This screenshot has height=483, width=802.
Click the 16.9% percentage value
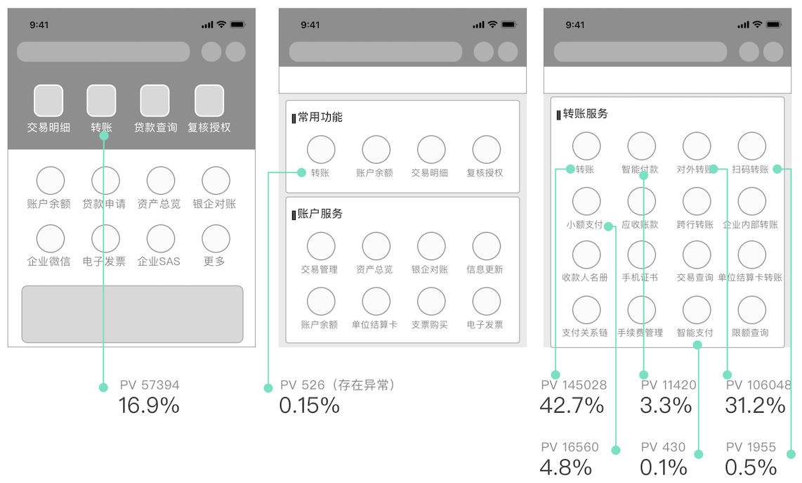(x=149, y=406)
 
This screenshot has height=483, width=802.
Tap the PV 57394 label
(x=150, y=385)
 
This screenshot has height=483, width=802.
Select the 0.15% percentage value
(x=310, y=406)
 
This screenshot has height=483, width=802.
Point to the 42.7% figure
(x=572, y=406)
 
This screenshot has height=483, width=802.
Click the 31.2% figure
(x=755, y=406)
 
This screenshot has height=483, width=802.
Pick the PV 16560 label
(x=570, y=447)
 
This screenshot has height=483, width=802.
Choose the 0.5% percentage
(x=751, y=468)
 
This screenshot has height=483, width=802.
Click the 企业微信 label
(x=48, y=262)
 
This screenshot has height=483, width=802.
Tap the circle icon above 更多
(x=216, y=238)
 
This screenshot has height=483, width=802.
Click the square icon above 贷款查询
(x=155, y=101)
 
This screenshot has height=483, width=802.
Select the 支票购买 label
(x=430, y=325)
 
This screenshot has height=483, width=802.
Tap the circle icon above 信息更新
(x=487, y=246)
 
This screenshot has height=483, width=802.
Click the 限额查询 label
(x=750, y=333)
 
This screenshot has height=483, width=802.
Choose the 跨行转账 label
(x=695, y=225)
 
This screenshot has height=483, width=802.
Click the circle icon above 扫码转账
(x=752, y=146)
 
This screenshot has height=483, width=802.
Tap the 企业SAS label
(x=159, y=262)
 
